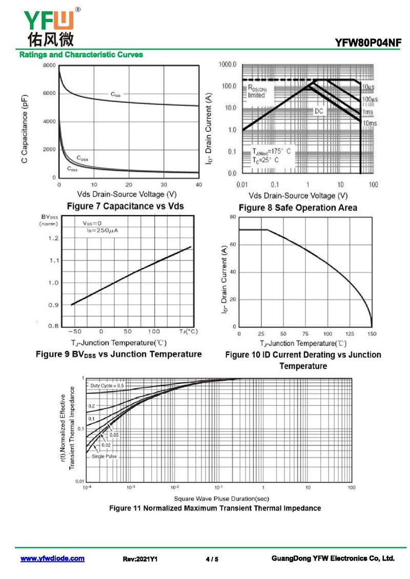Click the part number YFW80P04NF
367,44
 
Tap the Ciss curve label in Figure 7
116,94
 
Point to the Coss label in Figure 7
82,158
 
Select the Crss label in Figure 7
72,168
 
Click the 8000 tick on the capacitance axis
49,66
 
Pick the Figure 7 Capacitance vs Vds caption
125,206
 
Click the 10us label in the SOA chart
368,87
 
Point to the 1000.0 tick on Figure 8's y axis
227,65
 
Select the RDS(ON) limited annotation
257,92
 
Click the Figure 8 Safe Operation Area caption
298,208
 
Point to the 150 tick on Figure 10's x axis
372,334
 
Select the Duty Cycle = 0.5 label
107,385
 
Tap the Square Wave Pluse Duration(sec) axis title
221,499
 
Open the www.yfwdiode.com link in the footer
52,559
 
